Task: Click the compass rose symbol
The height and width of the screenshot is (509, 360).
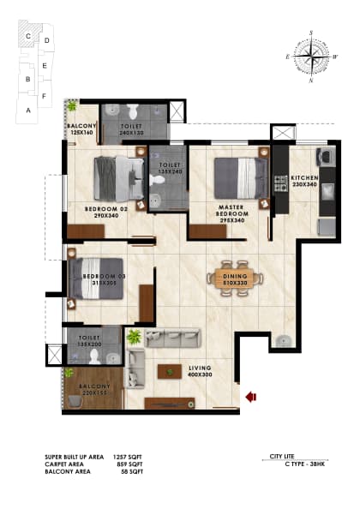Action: click(310, 57)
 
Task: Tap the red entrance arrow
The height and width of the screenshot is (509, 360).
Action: click(252, 396)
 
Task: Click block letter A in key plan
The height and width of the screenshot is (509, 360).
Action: click(28, 110)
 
